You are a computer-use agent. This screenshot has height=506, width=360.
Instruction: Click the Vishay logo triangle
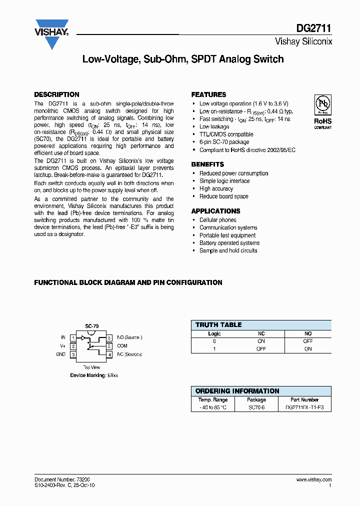tap(51, 35)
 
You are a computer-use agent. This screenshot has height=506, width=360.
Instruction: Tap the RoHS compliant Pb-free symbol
tap(323, 105)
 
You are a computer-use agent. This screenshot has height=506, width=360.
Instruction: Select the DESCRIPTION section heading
tap(56, 94)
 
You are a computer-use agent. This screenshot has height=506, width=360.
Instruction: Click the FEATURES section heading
tap(208, 94)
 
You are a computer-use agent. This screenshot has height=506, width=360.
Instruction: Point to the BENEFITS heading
tap(207, 164)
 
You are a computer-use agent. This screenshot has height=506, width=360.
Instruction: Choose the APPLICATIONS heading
tap(215, 211)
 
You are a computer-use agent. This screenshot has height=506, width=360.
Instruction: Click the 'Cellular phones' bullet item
tap(217, 220)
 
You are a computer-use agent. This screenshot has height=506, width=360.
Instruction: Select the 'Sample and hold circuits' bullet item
tap(228, 250)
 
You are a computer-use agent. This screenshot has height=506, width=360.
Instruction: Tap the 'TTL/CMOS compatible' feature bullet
tap(226, 134)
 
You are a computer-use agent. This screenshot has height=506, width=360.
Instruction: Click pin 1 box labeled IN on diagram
tap(73, 338)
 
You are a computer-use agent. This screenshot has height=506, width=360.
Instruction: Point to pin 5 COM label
tap(122, 346)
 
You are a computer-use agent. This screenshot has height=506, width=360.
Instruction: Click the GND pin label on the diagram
tap(60, 354)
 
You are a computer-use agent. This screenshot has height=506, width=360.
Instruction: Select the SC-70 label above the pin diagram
tap(91, 326)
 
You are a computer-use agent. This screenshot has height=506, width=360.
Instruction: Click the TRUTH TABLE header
tap(218, 325)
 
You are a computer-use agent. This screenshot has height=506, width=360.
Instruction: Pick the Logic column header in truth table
tap(214, 333)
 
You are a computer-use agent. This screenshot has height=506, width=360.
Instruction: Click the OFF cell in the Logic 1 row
tap(261, 349)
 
